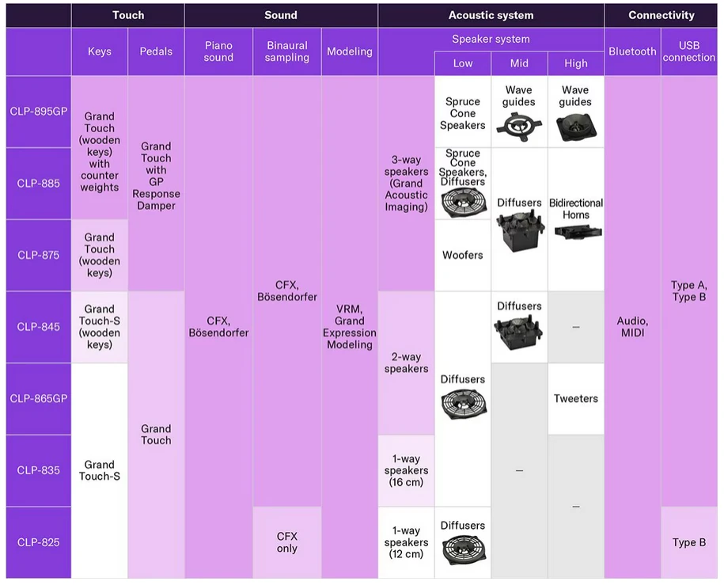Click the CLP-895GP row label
(x=39, y=112)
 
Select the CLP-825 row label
(x=39, y=542)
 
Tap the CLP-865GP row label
(x=39, y=398)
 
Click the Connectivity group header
(x=661, y=15)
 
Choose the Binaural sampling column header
(x=287, y=51)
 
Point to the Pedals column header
(x=156, y=51)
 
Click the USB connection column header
(x=688, y=51)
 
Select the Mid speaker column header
(x=519, y=63)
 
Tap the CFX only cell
(x=287, y=542)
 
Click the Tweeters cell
(x=575, y=399)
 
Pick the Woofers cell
(x=463, y=255)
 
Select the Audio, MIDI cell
(x=632, y=327)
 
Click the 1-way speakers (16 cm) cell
(x=406, y=470)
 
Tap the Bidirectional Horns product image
(x=575, y=231)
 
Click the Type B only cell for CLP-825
(x=688, y=542)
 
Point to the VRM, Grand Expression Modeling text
(x=349, y=327)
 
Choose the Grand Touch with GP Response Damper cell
(x=156, y=176)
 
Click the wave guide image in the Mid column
(x=518, y=123)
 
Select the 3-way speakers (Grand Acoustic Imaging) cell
(x=406, y=184)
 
